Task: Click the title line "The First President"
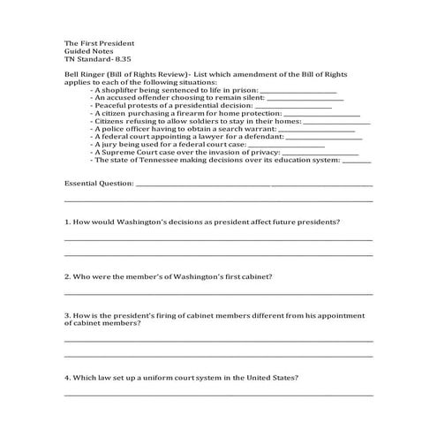pyautogui.click(x=99, y=42)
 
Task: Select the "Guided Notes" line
pyautogui.click(x=86, y=51)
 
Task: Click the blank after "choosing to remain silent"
pyautogui.click(x=305, y=98)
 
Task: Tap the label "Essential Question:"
pyautogui.click(x=99, y=185)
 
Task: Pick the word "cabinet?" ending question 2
pyautogui.click(x=256, y=275)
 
